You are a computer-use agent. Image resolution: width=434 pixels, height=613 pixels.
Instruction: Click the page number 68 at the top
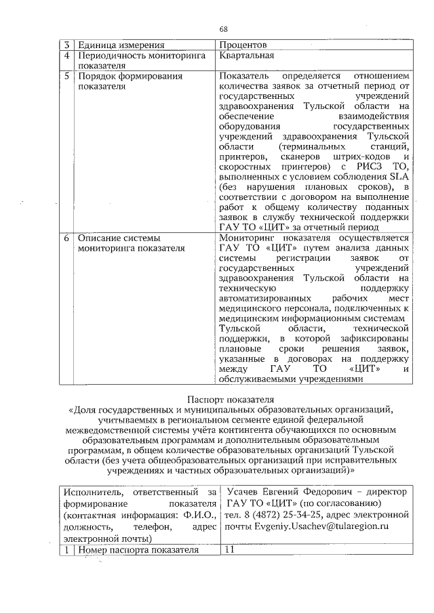click(x=224, y=28)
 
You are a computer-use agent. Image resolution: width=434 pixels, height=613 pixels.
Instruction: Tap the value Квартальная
click(x=246, y=56)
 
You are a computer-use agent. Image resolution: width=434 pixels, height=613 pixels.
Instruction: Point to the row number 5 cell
click(x=67, y=77)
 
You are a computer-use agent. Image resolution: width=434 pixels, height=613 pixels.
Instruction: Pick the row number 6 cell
click(x=67, y=238)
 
